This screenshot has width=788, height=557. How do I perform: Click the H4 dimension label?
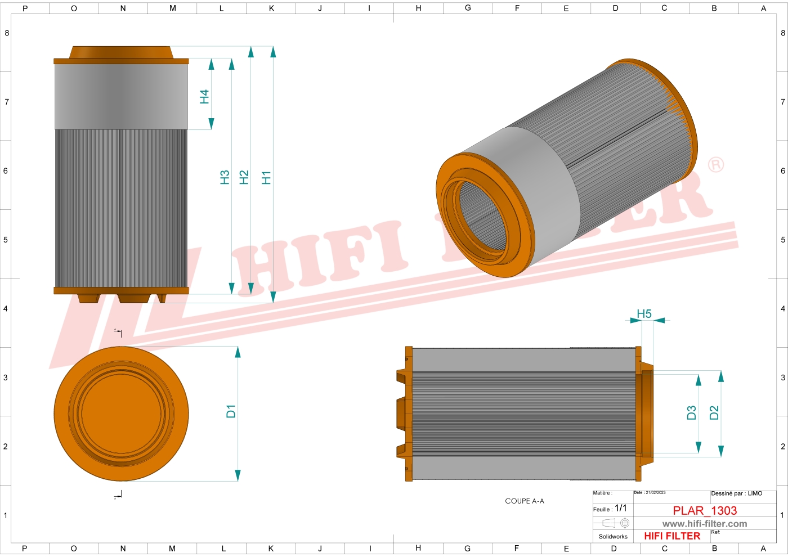[x=204, y=97]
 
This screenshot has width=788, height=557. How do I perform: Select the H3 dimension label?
[x=225, y=177]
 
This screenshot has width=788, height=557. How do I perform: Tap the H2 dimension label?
[x=244, y=177]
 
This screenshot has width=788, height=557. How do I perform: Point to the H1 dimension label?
[x=266, y=178]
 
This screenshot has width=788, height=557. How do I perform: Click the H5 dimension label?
[x=644, y=314]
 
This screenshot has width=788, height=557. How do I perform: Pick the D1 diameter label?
[x=231, y=411]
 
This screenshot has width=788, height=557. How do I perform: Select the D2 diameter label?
[x=714, y=413]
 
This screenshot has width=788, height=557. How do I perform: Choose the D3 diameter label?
[x=692, y=413]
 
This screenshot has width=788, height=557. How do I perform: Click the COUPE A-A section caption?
[x=525, y=501]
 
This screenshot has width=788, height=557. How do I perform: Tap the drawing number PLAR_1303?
[x=705, y=510]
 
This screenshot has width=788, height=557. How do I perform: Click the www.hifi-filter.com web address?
[x=705, y=524]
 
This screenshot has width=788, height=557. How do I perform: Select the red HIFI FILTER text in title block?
[x=672, y=536]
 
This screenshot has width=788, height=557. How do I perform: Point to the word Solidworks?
[x=613, y=537]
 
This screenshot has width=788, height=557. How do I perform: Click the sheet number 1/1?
[x=620, y=508]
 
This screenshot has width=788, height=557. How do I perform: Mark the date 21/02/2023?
[x=655, y=493]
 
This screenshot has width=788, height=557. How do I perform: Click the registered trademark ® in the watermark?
[x=715, y=165]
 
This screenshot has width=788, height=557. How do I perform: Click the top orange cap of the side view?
[x=121, y=54]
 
